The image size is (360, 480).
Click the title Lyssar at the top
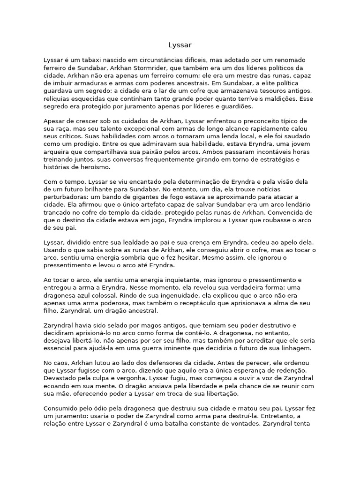click(x=180, y=45)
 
